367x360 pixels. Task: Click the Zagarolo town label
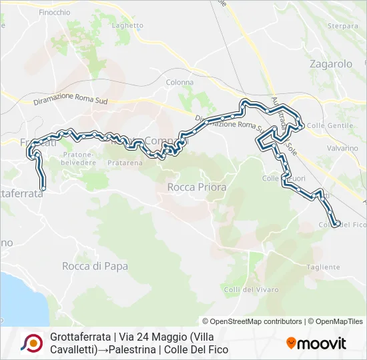tap(331, 65)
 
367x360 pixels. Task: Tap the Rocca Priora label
tap(197, 187)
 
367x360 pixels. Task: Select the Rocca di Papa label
tap(85, 266)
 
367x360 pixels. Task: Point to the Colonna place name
tap(180, 83)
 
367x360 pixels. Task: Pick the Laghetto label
tap(127, 26)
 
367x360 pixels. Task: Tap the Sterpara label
tap(343, 26)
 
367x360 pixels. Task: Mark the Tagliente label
tap(324, 267)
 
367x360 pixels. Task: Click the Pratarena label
tap(125, 162)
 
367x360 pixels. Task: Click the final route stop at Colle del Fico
tap(337, 224)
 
